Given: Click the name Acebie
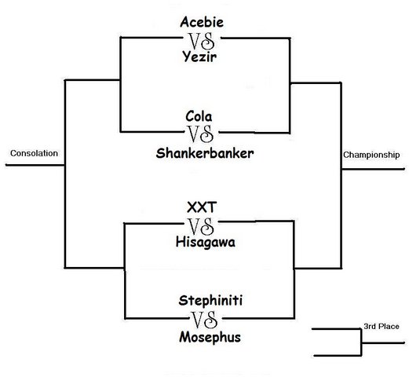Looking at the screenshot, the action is click(x=202, y=22).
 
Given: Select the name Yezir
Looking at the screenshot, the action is click(x=199, y=57).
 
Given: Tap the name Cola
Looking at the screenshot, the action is click(x=199, y=116).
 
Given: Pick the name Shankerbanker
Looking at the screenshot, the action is click(x=205, y=153).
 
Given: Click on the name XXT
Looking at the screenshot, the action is click(x=202, y=207).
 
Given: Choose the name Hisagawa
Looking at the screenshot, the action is click(x=206, y=242).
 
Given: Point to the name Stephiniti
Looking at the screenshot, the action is click(x=210, y=300).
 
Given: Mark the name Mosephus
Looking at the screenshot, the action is click(x=210, y=337).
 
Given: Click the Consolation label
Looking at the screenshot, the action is click(x=34, y=153).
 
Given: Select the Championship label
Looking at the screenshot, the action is click(x=371, y=155).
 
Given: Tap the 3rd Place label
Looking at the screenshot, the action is click(x=382, y=327).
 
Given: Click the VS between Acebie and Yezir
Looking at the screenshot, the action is click(x=202, y=42).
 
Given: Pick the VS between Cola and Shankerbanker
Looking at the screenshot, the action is click(x=200, y=134).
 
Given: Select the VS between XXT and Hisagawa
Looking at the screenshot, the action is click(x=201, y=226).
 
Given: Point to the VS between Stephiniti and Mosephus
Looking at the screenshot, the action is click(x=204, y=320).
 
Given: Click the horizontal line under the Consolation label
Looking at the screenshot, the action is click(x=35, y=165).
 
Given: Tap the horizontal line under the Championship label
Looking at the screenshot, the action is click(x=373, y=169).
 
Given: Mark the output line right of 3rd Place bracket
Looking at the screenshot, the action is click(x=383, y=342).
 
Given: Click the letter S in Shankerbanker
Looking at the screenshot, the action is click(x=160, y=153).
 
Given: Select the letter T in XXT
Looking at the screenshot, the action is click(x=212, y=207).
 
